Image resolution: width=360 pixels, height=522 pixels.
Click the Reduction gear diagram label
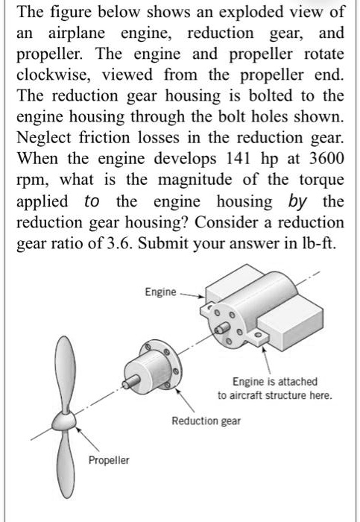206,421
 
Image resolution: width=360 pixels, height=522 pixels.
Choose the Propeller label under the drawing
109,460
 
